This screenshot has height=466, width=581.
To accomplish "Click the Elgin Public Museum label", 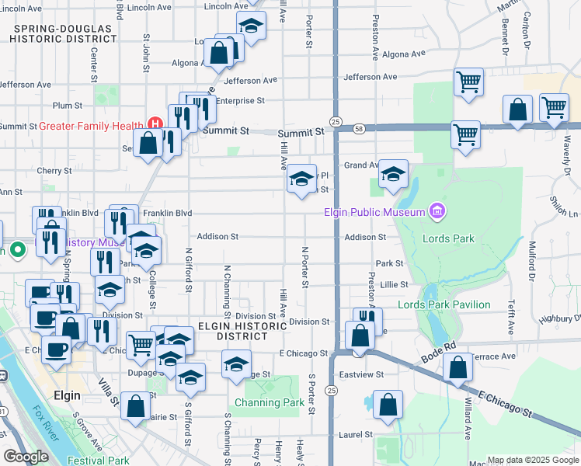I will point(375,212).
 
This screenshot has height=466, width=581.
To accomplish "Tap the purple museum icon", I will point(437,211).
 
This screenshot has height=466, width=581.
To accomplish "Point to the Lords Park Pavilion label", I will point(444,305).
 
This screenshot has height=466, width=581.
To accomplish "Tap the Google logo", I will point(26,457).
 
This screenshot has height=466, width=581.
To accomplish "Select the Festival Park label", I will point(98,461).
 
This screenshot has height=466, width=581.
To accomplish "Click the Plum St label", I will point(68,106).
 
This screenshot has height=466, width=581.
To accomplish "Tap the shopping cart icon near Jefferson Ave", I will point(468,82).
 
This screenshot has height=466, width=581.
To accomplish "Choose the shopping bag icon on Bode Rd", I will point(458,367).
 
